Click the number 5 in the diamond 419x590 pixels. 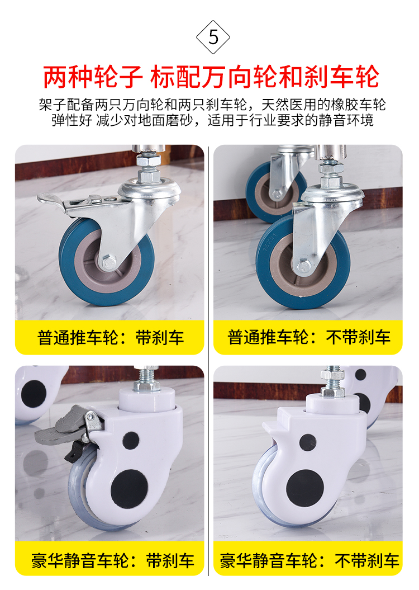point(213,37)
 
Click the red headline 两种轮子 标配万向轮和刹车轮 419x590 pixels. point(211,77)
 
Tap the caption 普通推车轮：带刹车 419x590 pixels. point(111,338)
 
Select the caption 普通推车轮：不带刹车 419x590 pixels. point(309,337)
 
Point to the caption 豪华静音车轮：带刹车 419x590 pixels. point(112,561)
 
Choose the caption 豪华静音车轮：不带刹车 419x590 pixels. point(310,561)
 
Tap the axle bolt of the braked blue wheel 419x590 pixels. point(108,262)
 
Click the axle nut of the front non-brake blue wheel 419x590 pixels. point(304,267)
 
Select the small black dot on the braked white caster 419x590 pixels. point(131,440)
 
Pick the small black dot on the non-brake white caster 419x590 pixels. point(308,442)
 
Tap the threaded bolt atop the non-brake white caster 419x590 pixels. point(332,382)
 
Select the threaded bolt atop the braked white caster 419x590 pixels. point(147,379)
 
